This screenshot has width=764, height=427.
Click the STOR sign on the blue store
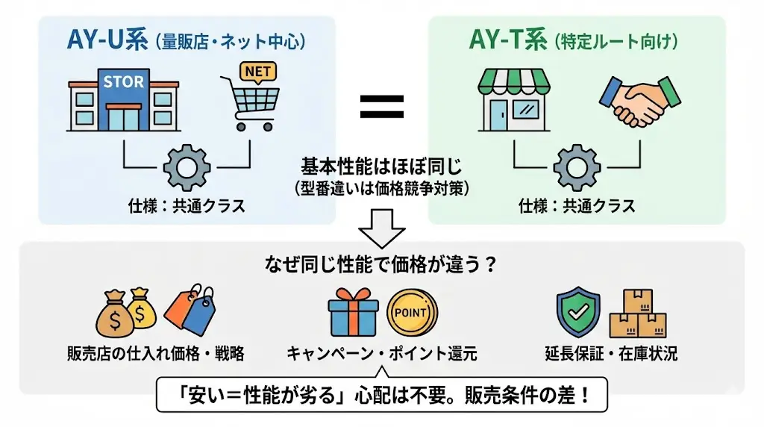click(x=122, y=81)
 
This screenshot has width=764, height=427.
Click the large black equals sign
click(x=382, y=106)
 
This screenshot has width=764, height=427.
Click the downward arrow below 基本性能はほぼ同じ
click(x=381, y=228)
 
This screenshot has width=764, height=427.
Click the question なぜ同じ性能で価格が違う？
click(x=381, y=265)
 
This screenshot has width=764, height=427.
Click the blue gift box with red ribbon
click(x=353, y=312)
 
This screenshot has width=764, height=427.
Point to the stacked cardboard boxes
click(x=637, y=314)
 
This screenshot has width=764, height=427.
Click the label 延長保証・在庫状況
click(x=611, y=353)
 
